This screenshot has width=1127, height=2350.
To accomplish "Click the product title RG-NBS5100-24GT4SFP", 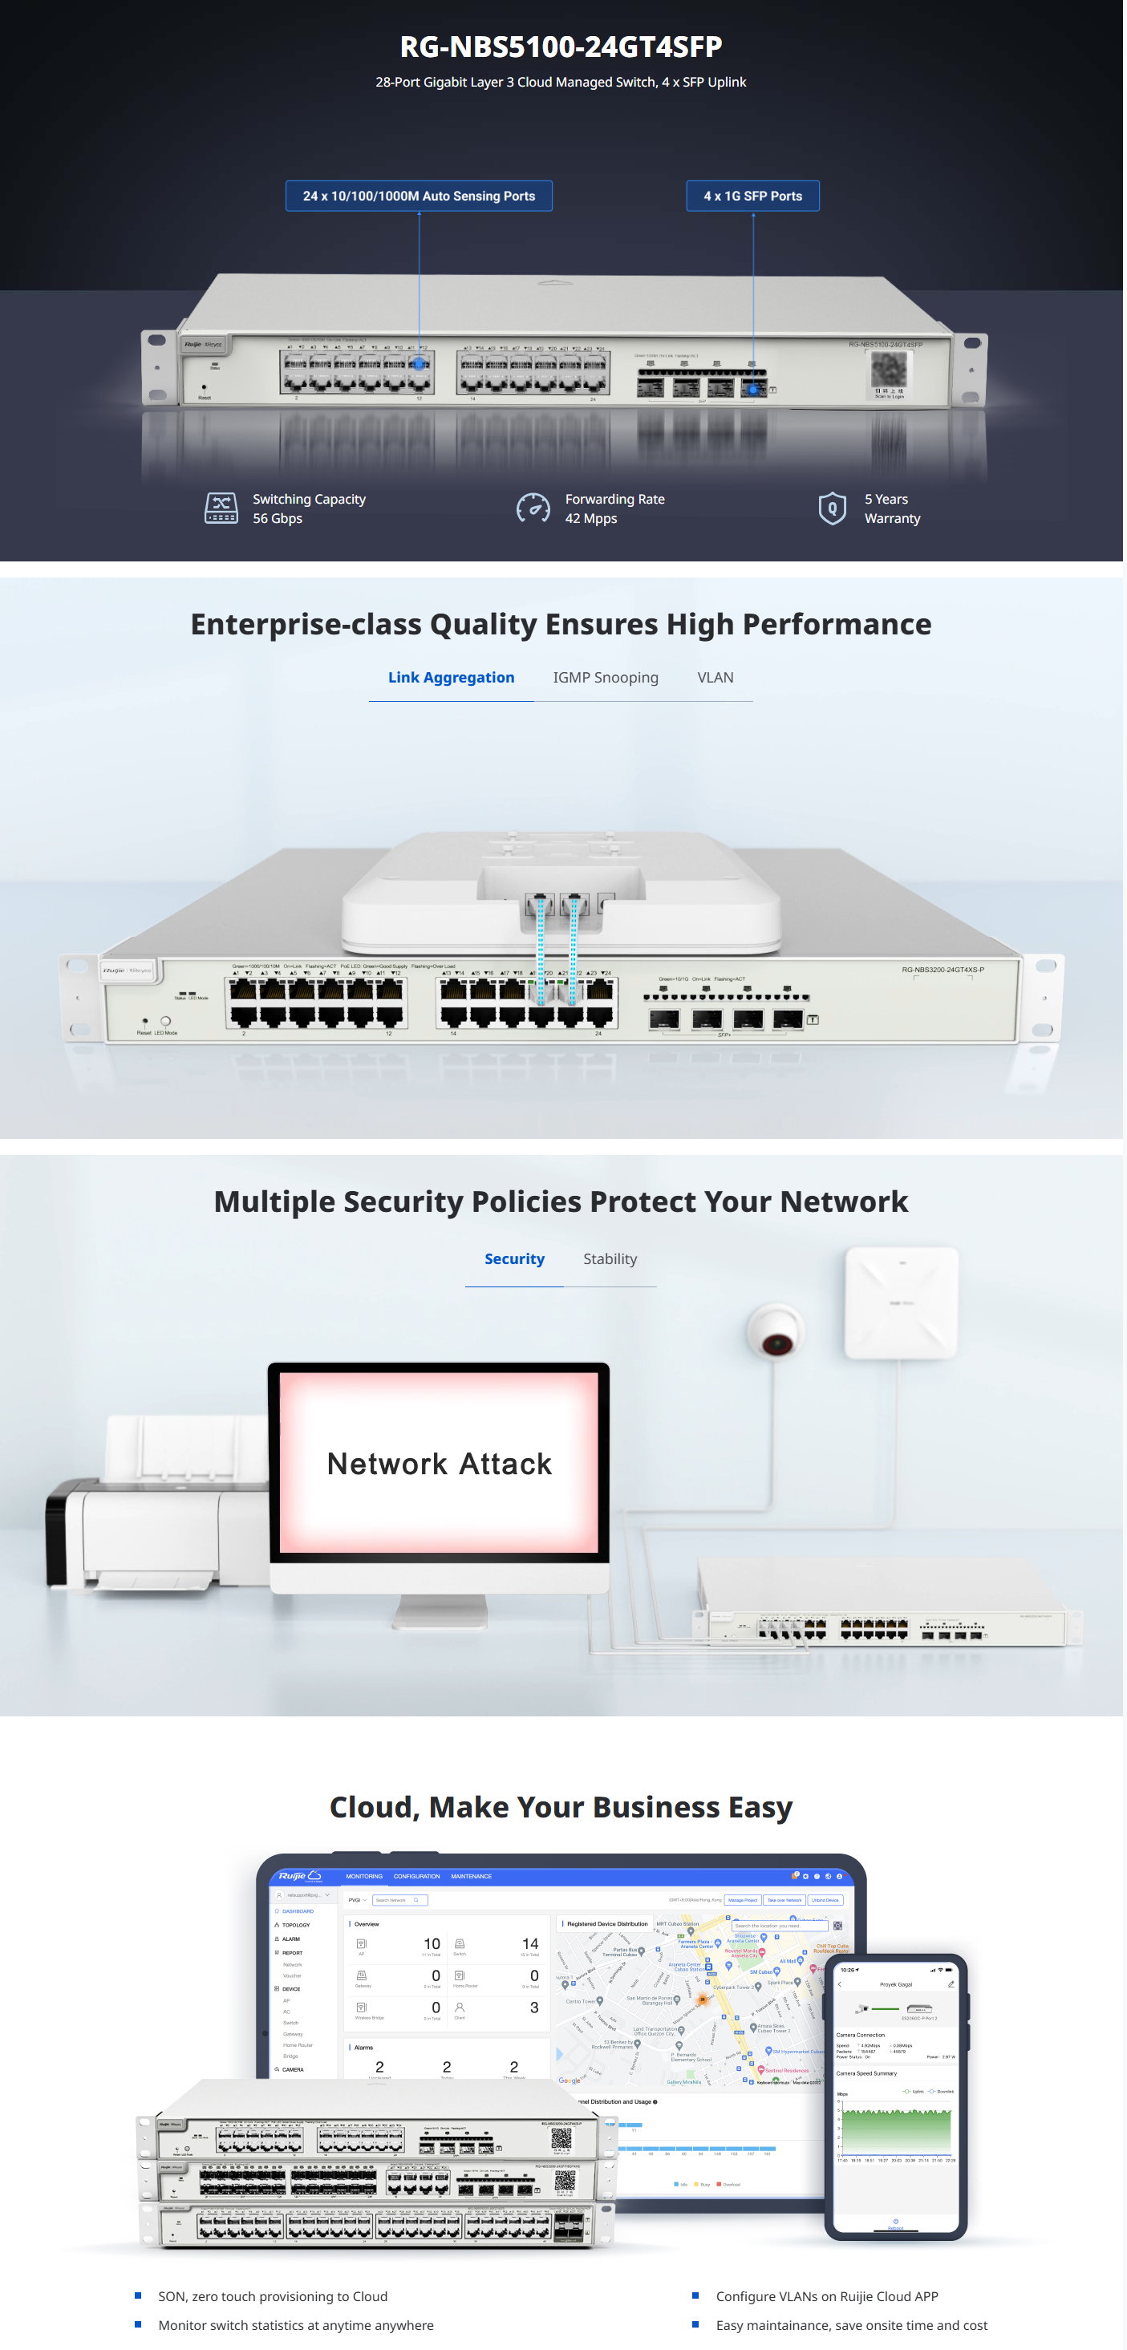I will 561,46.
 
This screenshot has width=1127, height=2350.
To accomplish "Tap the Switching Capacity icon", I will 221,508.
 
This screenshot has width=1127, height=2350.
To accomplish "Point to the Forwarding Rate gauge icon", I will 533,508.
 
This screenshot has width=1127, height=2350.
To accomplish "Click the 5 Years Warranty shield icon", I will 831,508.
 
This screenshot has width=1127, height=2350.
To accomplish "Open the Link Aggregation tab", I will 451,678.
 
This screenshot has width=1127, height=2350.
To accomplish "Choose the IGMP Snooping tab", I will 605,678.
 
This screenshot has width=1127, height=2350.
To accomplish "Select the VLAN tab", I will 715,678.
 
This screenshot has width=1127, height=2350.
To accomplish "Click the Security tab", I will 513,1259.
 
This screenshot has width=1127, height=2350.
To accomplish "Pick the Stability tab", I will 610,1259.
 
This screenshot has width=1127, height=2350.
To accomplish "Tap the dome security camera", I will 776,1328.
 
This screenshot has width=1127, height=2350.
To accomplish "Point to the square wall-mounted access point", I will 901,1302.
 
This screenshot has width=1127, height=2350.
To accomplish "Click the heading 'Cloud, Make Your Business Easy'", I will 561,1807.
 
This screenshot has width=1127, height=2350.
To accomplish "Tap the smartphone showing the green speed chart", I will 895,2097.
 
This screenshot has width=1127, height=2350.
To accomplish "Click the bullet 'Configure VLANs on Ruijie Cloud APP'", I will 826,2296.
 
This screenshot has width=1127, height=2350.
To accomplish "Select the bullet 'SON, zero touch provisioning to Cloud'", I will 272,2296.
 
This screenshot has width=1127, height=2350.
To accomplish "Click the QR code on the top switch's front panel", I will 888,369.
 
